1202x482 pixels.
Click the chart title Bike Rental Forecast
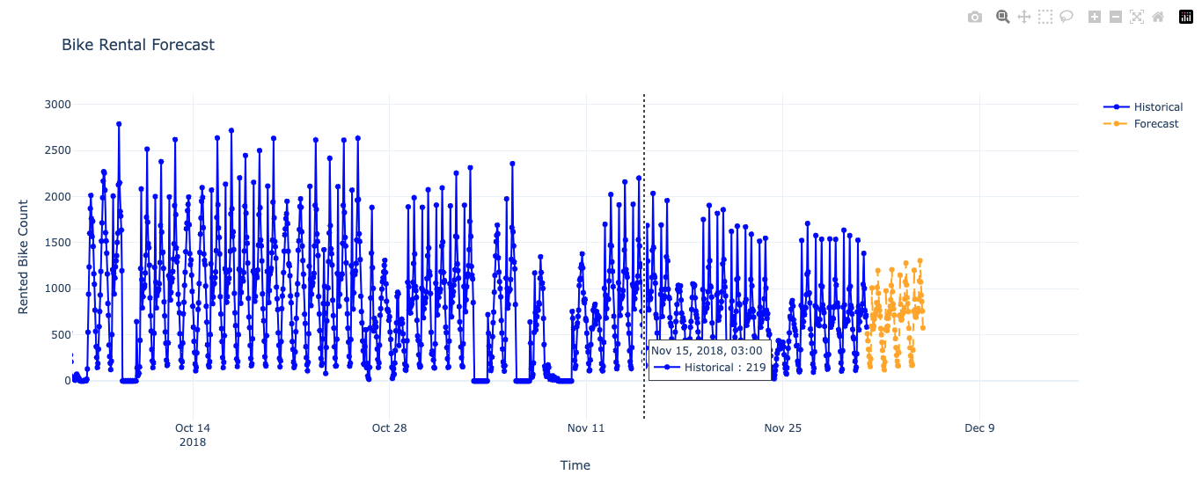(x=138, y=45)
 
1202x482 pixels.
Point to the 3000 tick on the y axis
(x=58, y=105)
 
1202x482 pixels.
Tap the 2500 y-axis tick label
(x=58, y=150)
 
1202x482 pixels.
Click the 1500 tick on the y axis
(x=58, y=243)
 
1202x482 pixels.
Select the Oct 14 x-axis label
(x=193, y=428)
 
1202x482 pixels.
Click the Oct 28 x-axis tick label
(x=389, y=428)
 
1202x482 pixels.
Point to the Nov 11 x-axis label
(x=586, y=428)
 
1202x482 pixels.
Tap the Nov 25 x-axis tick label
(x=783, y=428)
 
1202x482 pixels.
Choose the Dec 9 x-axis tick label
(x=979, y=428)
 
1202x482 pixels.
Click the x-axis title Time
(x=575, y=465)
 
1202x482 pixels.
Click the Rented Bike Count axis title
(x=24, y=256)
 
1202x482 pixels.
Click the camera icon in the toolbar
(x=974, y=17)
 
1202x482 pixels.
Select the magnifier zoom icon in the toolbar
(x=1002, y=17)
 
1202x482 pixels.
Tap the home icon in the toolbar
(x=1158, y=17)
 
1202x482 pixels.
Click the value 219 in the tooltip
(x=756, y=368)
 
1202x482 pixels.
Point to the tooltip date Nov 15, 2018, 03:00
(x=707, y=351)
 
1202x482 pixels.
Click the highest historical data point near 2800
(x=119, y=124)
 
